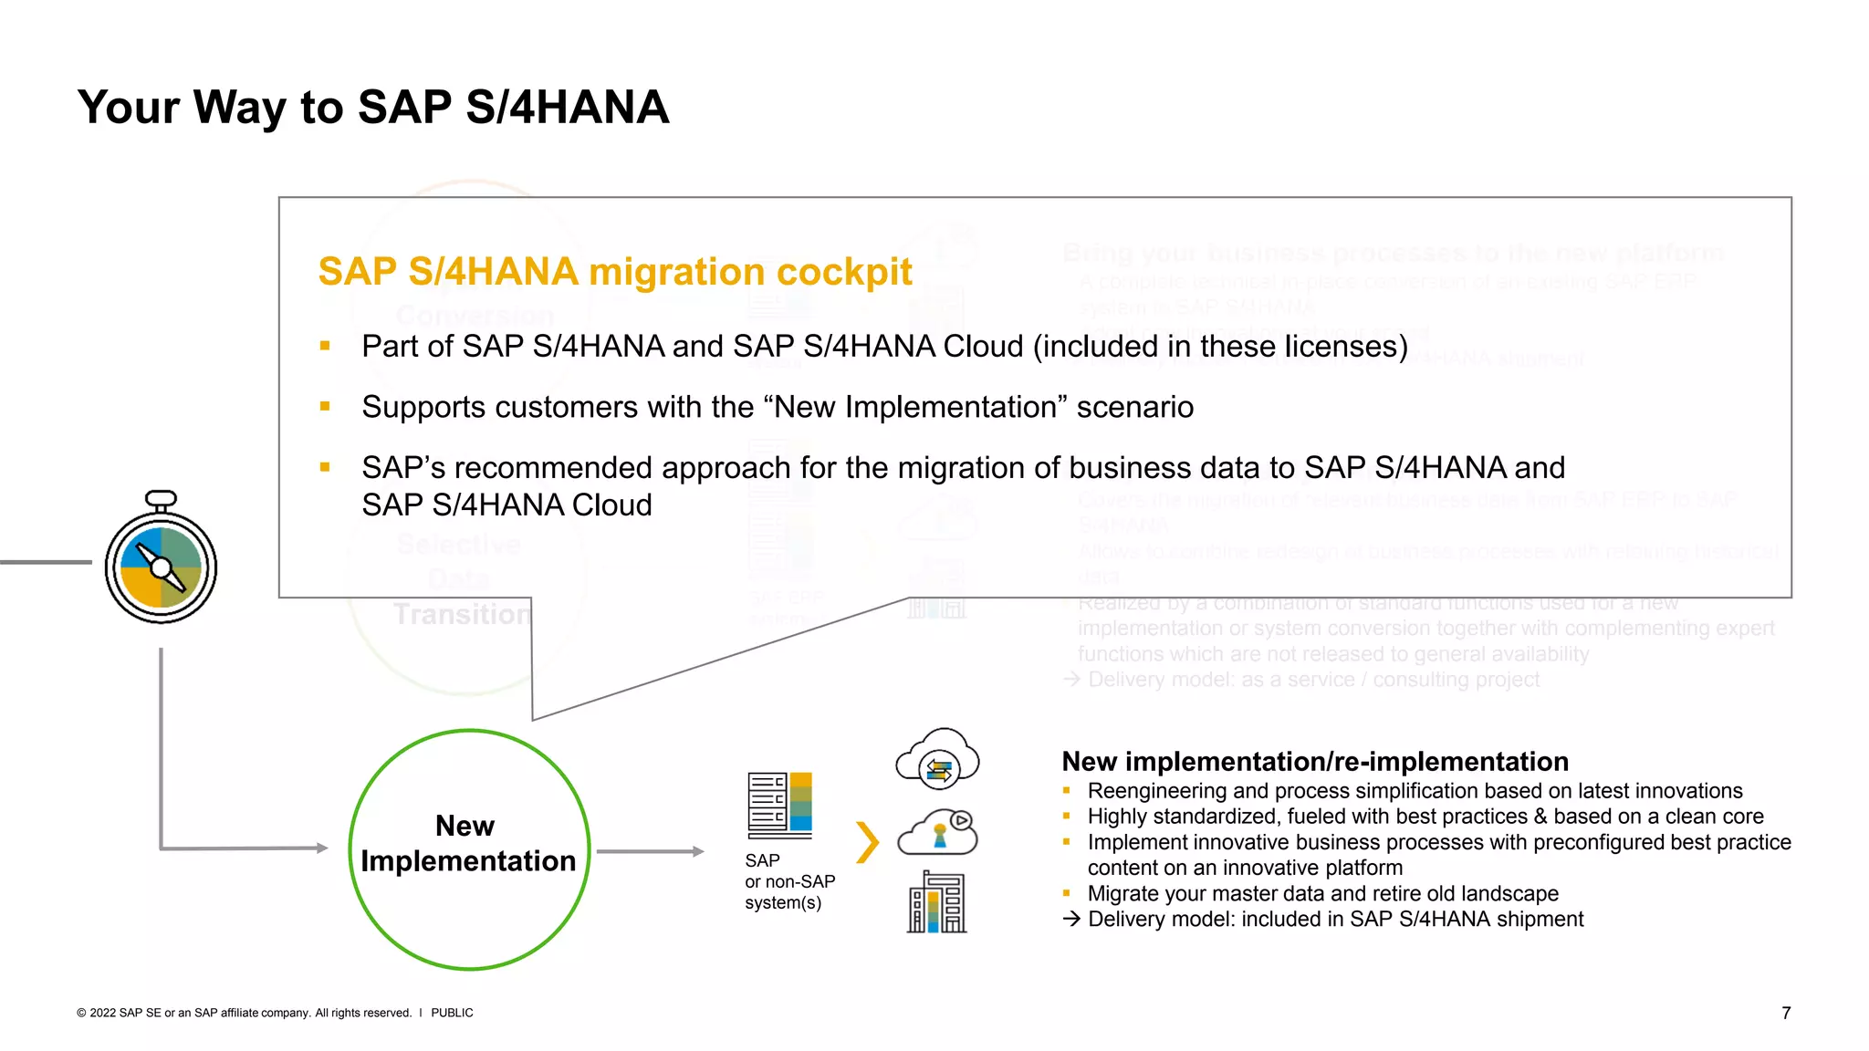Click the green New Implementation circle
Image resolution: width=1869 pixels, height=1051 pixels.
pyautogui.click(x=469, y=848)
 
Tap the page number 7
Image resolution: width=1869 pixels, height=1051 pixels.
pyautogui.click(x=1786, y=1013)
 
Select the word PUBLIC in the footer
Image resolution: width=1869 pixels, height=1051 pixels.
pyautogui.click(x=452, y=1013)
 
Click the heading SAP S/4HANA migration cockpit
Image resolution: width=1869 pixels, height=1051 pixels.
pyautogui.click(x=614, y=272)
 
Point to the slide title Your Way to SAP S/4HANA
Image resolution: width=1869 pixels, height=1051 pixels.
pyautogui.click(x=373, y=108)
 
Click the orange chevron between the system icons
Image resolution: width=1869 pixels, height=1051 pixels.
pyautogui.click(x=867, y=842)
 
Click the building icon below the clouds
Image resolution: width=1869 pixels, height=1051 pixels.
pyautogui.click(x=937, y=902)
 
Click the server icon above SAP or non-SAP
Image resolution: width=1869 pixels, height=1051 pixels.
pyautogui.click(x=779, y=805)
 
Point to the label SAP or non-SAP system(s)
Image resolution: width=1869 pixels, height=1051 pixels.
pyautogui.click(x=788, y=881)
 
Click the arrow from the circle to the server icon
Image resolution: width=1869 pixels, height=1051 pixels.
pyautogui.click(x=650, y=851)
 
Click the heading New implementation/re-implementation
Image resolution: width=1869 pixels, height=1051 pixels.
pyautogui.click(x=1314, y=762)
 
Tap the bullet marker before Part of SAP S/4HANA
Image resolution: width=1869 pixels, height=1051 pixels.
pyautogui.click(x=325, y=346)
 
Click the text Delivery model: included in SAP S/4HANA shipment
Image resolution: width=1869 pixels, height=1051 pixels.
pyautogui.click(x=1334, y=919)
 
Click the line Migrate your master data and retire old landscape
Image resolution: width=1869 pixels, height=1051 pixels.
pyautogui.click(x=1322, y=893)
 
